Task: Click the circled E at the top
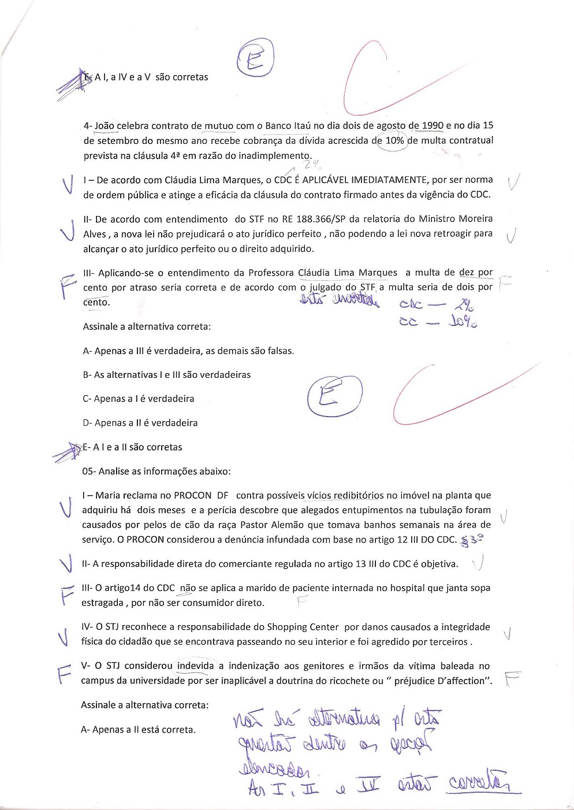point(255,60)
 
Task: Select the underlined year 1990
point(433,125)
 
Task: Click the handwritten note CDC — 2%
point(437,304)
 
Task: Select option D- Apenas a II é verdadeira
point(140,423)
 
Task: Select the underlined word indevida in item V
point(195,666)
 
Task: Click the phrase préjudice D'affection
point(443,681)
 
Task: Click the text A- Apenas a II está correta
point(139,730)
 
